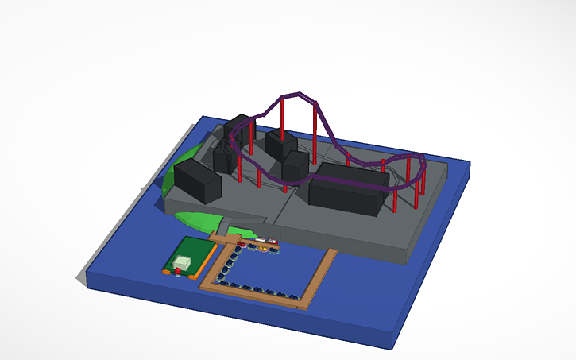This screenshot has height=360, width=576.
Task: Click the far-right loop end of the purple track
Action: coord(421,162)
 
